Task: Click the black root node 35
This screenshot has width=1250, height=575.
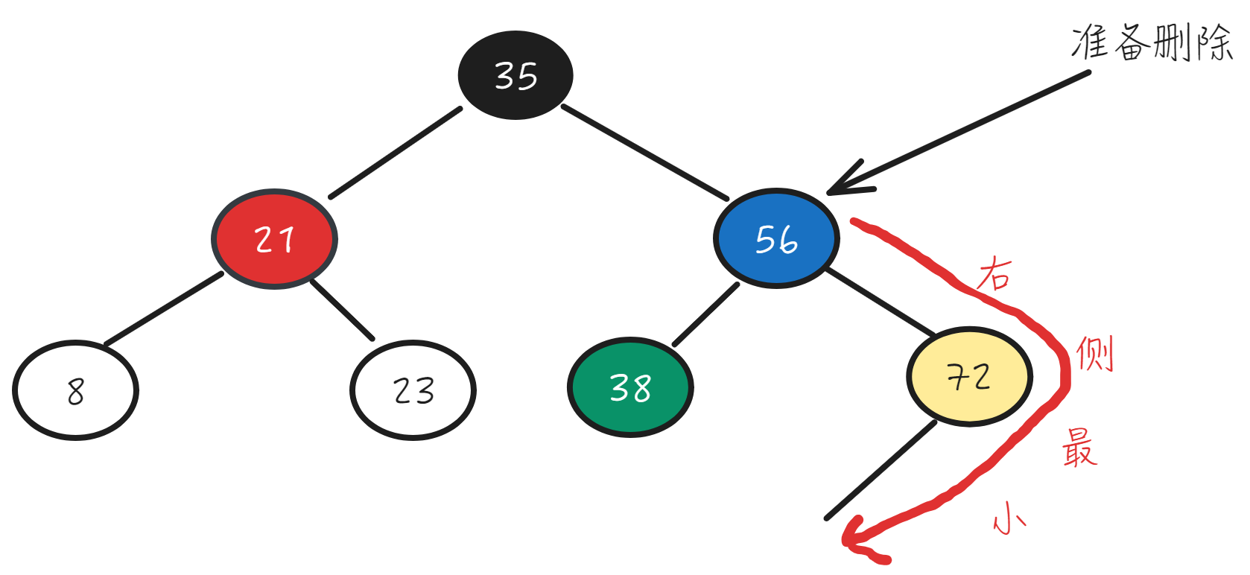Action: tap(515, 75)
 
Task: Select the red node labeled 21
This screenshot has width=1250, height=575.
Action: tap(274, 239)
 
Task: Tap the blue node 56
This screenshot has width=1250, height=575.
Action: tap(776, 238)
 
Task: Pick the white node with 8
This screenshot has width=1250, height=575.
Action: tap(75, 390)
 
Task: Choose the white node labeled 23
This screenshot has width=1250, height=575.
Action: tap(413, 390)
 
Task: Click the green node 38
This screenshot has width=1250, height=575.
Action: tap(630, 387)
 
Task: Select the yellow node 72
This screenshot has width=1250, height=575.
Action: tap(969, 376)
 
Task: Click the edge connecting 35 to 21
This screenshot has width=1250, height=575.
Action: tap(396, 153)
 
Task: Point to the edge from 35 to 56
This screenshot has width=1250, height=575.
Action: tap(644, 153)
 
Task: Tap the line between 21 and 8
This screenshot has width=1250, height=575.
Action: tap(164, 309)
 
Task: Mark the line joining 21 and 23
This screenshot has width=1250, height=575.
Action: tap(342, 310)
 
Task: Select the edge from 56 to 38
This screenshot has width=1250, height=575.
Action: tap(705, 315)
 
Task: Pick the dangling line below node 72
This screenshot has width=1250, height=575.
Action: tap(881, 470)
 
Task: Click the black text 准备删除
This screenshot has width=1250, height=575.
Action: tap(1151, 42)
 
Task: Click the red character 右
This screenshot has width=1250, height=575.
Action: tap(995, 274)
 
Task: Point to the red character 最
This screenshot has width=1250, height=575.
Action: tap(1079, 447)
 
